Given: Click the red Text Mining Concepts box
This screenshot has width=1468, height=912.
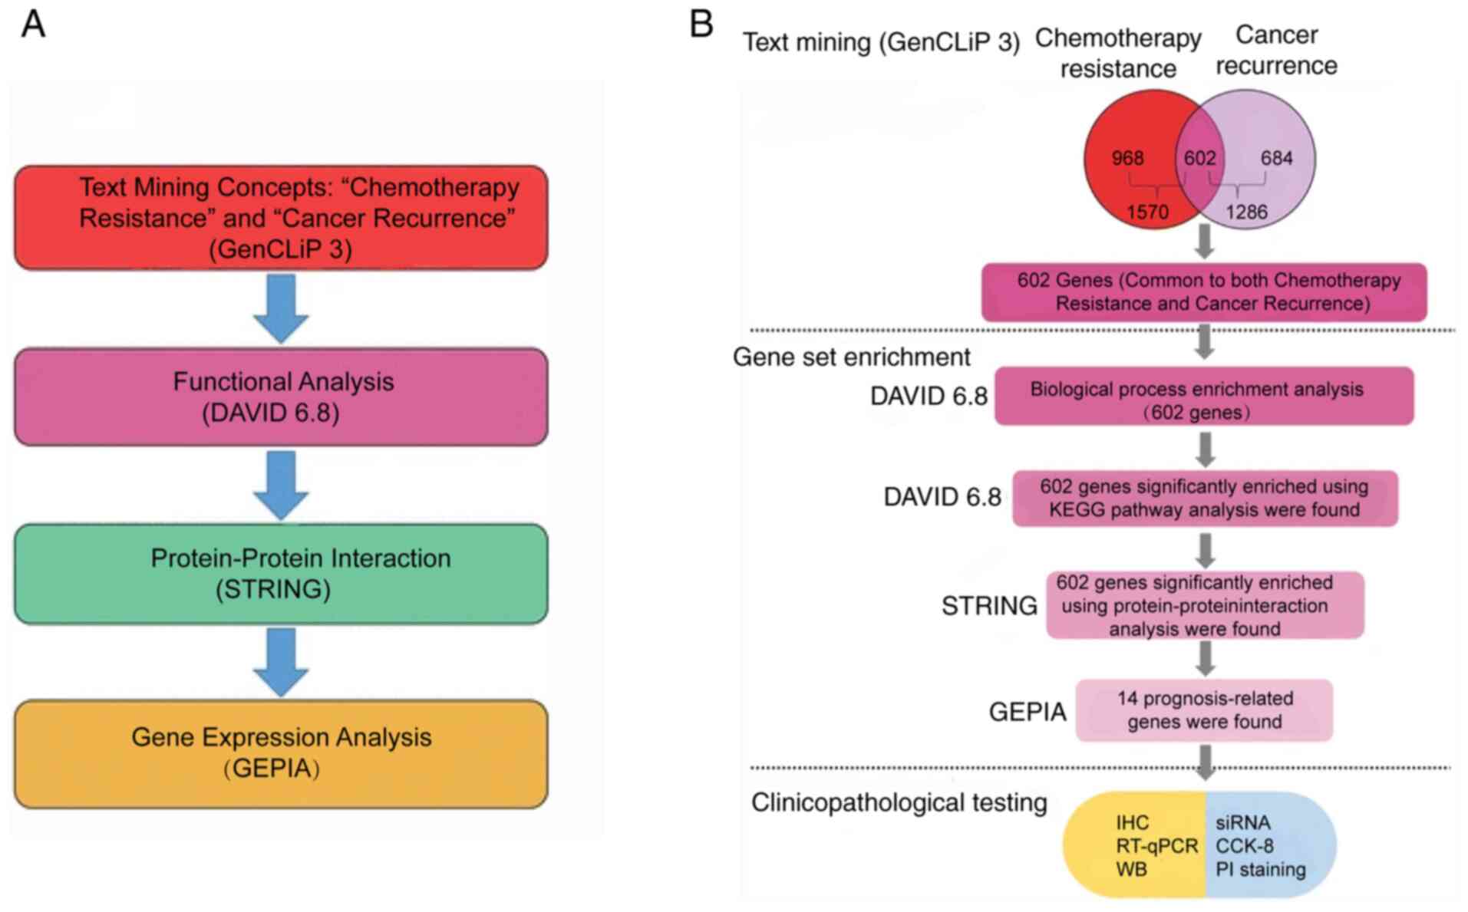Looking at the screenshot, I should click(x=281, y=218).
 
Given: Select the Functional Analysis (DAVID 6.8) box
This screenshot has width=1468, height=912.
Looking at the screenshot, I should click(x=281, y=397).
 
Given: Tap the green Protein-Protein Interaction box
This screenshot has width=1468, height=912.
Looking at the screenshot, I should click(x=281, y=574).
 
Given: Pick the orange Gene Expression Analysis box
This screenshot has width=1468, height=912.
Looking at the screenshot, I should click(x=281, y=753).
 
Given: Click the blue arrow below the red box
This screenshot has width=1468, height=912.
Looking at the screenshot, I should click(x=281, y=308).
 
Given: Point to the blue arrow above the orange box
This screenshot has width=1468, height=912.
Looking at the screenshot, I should click(x=281, y=662).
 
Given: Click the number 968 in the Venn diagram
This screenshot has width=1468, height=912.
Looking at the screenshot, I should click(x=1127, y=158).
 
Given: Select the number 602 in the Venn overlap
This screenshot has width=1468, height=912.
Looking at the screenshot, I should click(x=1199, y=158).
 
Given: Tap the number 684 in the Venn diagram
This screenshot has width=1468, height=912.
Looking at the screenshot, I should click(x=1276, y=158).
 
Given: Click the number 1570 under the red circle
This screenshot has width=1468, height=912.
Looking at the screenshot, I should click(x=1147, y=212).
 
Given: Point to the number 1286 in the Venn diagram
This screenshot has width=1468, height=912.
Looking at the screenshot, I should click(x=1246, y=212).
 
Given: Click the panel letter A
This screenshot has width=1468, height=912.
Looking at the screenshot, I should click(x=33, y=25).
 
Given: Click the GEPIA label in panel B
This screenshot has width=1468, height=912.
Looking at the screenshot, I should click(x=1027, y=712).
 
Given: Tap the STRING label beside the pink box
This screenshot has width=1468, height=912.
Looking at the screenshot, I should click(x=989, y=606).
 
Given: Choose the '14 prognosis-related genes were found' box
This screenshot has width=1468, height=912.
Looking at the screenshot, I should click(x=1204, y=710).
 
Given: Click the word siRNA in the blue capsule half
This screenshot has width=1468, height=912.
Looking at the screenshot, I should click(x=1242, y=823).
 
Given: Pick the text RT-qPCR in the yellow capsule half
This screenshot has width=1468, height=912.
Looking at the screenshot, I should click(x=1156, y=846).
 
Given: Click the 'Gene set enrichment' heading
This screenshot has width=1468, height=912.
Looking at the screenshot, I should click(x=851, y=357).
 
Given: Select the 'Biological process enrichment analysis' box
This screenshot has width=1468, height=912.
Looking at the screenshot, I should click(x=1204, y=397).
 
